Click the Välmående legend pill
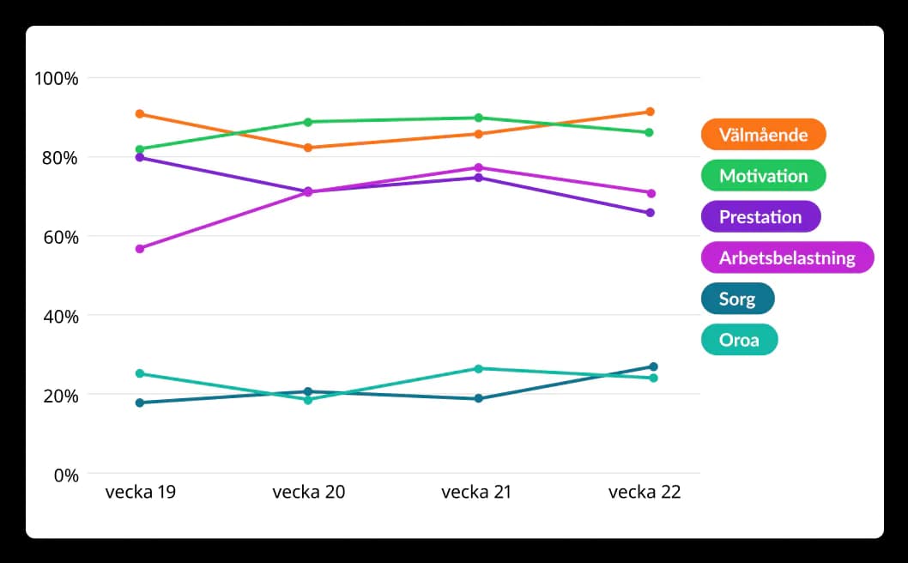click(x=763, y=135)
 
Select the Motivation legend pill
click(x=763, y=176)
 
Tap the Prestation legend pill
click(x=760, y=217)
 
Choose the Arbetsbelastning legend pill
click(x=787, y=258)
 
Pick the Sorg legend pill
click(x=737, y=300)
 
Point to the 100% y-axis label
click(x=57, y=78)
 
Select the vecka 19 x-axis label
click(x=141, y=493)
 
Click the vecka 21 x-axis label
click(x=477, y=493)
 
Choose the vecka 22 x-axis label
click(x=645, y=493)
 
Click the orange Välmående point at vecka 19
click(x=139, y=114)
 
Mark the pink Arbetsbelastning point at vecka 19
click(x=139, y=249)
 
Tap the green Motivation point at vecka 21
click(x=479, y=118)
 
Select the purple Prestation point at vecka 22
click(x=650, y=213)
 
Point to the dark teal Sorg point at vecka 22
click(x=653, y=367)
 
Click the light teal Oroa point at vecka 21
click(x=479, y=369)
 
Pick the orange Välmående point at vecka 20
click(x=308, y=148)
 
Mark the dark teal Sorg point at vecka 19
click(x=139, y=403)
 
